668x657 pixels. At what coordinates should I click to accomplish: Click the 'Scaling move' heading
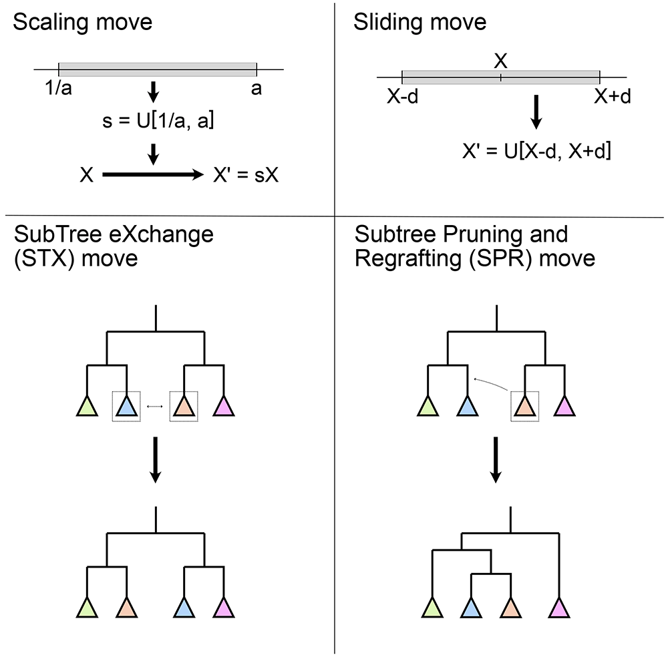pos(83,22)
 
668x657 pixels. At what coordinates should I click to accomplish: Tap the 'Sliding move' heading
pos(420,22)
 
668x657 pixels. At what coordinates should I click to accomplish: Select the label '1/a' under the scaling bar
pos(58,89)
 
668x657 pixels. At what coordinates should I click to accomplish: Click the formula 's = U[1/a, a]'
pos(158,121)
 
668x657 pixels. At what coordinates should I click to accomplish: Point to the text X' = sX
pos(246,175)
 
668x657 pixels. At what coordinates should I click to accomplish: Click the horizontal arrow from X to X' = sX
pos(153,174)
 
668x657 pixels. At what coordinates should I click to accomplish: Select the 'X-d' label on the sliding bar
pos(403,97)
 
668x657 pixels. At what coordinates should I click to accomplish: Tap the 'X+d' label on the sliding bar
pos(613,97)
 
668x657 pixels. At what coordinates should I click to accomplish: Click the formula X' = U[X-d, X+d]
pos(537,151)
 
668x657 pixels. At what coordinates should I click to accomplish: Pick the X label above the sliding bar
pos(500,61)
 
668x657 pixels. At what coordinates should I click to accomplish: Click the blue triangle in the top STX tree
pos(126,406)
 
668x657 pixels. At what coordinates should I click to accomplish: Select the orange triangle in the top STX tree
pos(184,406)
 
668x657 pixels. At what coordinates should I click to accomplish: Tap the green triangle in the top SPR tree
pos(428,406)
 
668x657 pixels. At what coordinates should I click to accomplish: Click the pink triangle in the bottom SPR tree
pos(559,608)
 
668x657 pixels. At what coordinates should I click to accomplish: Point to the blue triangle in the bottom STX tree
pos(184,608)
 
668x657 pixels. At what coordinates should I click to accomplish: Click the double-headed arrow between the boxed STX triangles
pos(155,407)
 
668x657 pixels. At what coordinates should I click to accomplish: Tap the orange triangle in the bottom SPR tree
pos(510,608)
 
